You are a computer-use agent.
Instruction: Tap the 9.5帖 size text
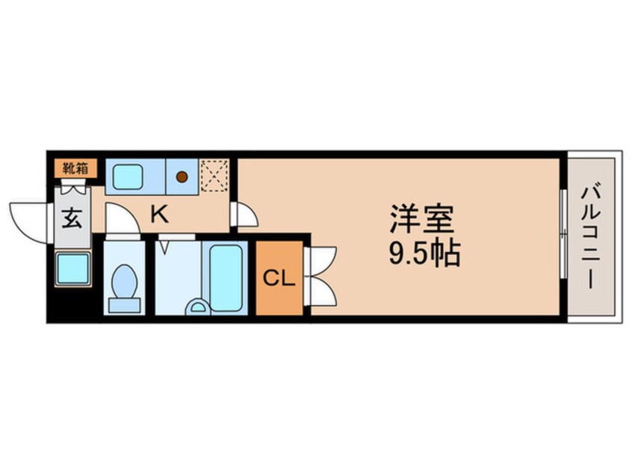(423, 255)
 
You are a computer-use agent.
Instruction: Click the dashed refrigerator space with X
(213, 177)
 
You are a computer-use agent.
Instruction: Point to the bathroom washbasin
(197, 307)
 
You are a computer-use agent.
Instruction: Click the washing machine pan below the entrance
(72, 268)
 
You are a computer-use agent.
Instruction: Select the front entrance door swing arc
(28, 221)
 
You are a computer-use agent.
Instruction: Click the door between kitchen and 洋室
(244, 215)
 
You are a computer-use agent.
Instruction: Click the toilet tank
(123, 305)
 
